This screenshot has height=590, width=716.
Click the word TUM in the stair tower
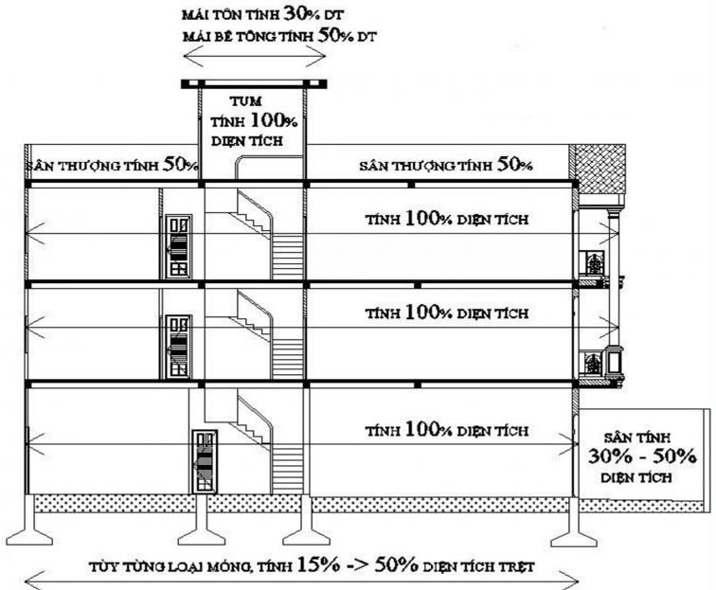click(245, 101)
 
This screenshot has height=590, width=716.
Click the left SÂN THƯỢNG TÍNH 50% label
click(112, 165)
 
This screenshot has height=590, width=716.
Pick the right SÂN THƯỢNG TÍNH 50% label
click(446, 165)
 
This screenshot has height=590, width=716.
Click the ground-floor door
click(205, 461)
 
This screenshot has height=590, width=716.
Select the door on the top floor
click(178, 246)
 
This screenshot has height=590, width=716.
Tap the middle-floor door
click(178, 347)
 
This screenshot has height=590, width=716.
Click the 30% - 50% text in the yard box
click(642, 456)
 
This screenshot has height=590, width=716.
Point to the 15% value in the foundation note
click(318, 565)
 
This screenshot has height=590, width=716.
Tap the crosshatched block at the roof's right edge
click(600, 169)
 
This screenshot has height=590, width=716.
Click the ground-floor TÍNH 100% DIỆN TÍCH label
click(447, 430)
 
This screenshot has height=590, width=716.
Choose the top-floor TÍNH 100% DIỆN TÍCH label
click(447, 219)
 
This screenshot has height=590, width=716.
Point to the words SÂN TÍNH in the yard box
click(637, 438)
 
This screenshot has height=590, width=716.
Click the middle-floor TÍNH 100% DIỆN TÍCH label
click(447, 313)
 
